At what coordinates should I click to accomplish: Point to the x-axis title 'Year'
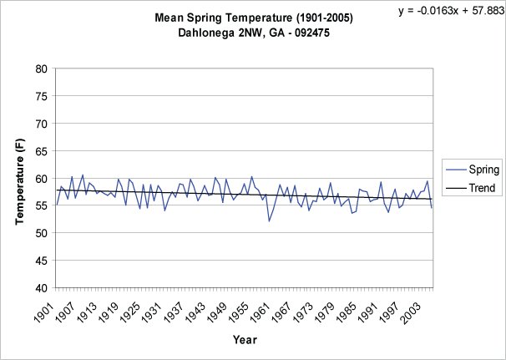click(x=245, y=340)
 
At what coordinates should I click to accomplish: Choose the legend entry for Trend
click(x=472, y=188)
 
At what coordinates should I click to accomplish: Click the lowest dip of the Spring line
click(x=269, y=221)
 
